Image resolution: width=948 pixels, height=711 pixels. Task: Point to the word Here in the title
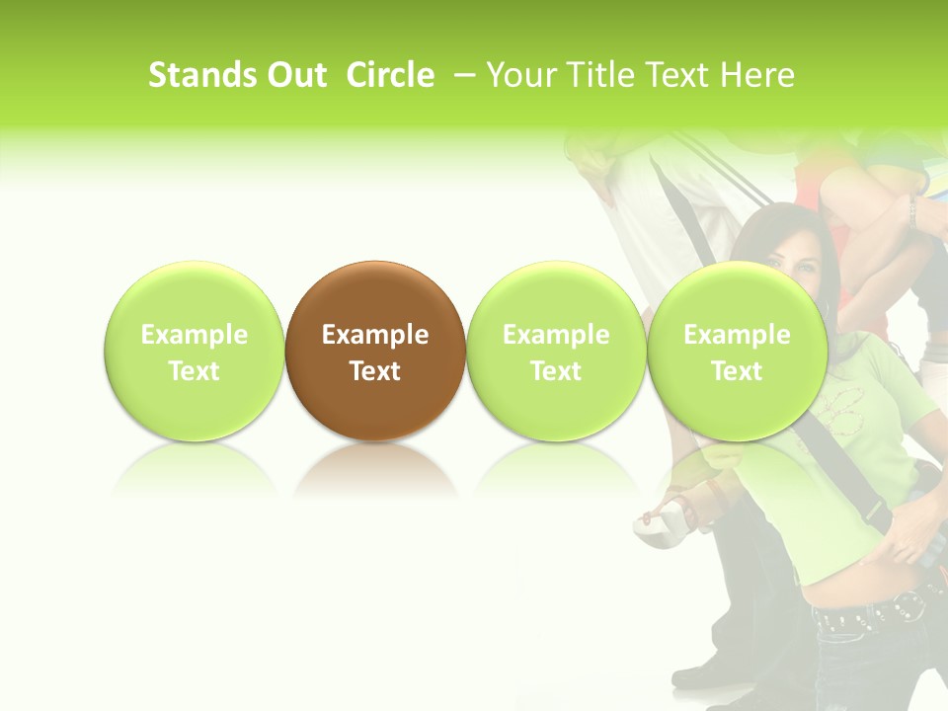757,75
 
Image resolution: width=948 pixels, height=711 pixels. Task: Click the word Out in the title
294,75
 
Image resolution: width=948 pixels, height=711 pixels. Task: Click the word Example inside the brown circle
375,335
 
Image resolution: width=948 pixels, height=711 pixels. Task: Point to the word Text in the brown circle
375,371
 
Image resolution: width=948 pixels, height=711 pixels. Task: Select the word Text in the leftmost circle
194,371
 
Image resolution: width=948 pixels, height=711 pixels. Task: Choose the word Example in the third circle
556,335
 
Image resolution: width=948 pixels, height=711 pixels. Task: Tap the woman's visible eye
802,266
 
